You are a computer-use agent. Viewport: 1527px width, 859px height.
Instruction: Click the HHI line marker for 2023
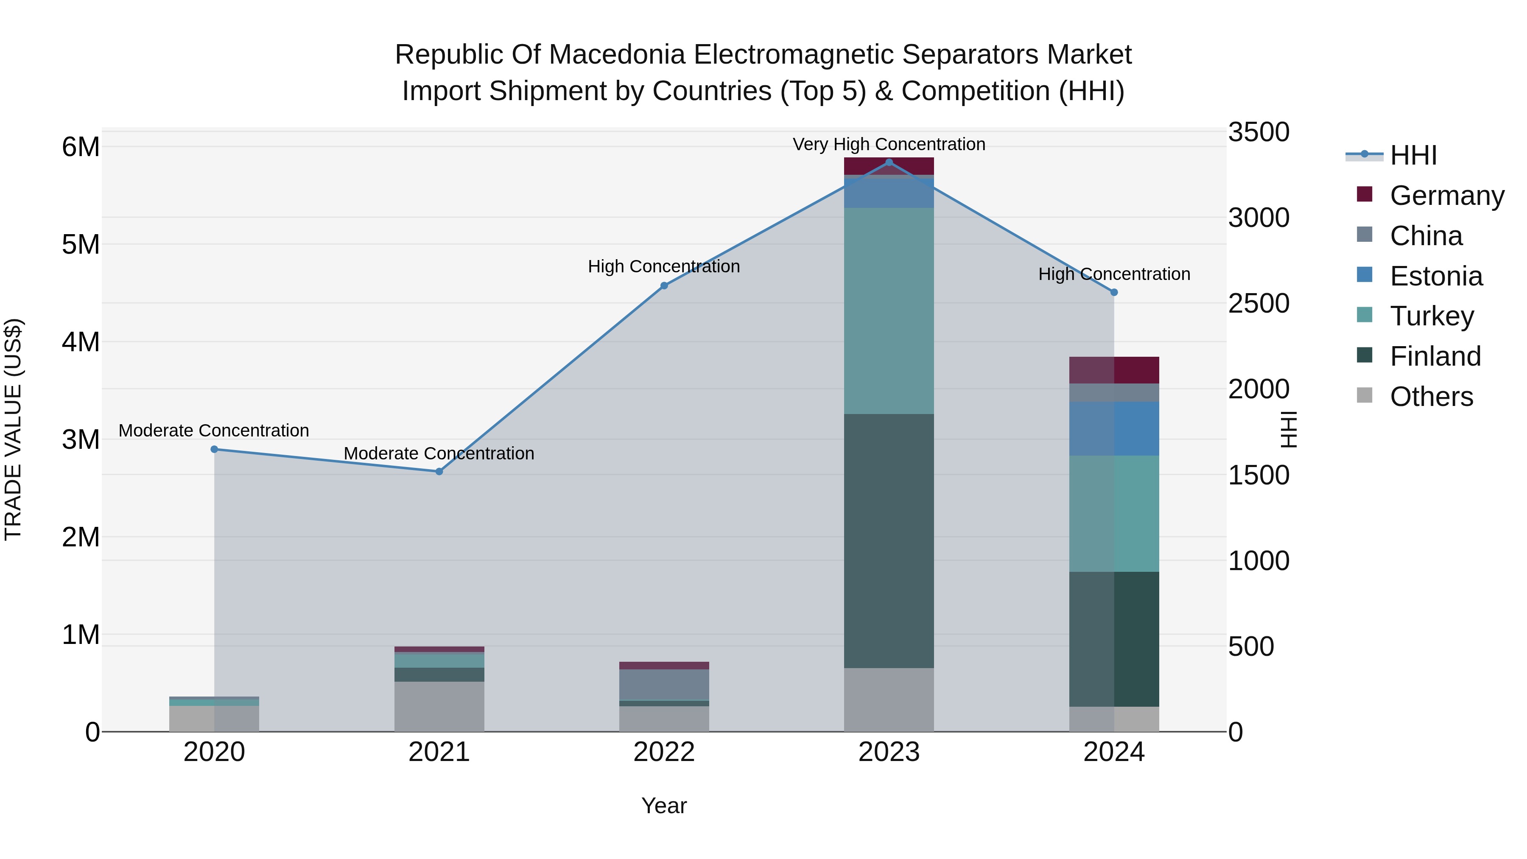click(x=889, y=162)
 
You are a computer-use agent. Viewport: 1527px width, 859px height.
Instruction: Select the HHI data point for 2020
click(x=215, y=449)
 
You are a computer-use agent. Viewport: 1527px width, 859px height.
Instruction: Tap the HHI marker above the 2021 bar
click(x=439, y=472)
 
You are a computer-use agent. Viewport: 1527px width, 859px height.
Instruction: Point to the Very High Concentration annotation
click(x=889, y=144)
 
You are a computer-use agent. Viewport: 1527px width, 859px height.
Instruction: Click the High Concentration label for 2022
click(x=664, y=267)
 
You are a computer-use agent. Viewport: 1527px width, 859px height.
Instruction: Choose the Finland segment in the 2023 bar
click(x=889, y=541)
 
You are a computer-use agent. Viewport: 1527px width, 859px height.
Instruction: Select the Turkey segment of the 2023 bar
click(x=889, y=311)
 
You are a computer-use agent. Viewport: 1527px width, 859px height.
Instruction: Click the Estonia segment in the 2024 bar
click(x=1114, y=428)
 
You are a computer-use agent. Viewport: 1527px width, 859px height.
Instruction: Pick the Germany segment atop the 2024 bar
click(x=1114, y=370)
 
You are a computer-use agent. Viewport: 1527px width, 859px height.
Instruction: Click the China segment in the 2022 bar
click(x=664, y=685)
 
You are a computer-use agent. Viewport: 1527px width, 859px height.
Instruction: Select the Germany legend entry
click(x=1446, y=196)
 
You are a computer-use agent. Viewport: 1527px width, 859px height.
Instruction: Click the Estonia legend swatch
click(x=1365, y=275)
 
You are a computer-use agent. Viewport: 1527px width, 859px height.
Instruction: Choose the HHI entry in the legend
click(x=1413, y=155)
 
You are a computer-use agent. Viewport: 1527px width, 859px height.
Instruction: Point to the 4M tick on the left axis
click(x=81, y=342)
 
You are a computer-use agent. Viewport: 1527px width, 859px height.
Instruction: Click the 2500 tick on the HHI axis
click(x=1258, y=304)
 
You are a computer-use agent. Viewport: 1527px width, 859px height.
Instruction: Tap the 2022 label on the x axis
click(x=664, y=752)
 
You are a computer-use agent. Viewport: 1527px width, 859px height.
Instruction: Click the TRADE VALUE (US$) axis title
click(x=14, y=429)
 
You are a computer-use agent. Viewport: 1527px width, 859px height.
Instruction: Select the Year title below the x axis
click(x=664, y=806)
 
